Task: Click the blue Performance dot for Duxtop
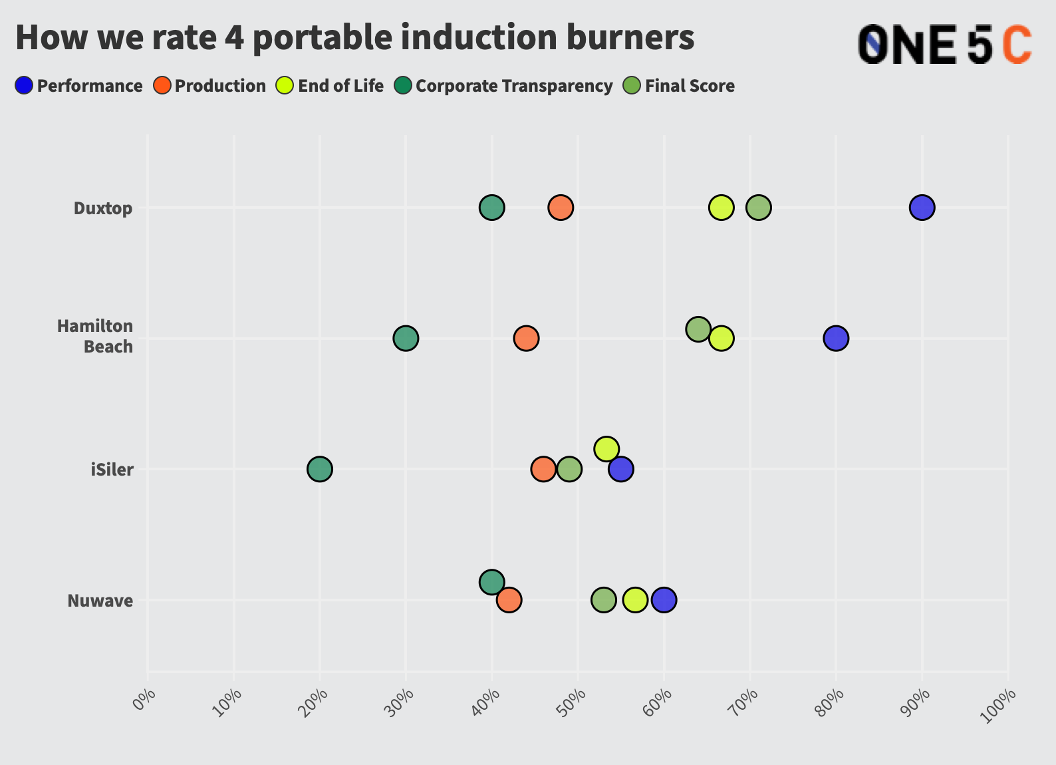922,208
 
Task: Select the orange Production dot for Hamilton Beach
526,338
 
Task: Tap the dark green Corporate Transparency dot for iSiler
320,469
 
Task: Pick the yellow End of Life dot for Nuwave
635,600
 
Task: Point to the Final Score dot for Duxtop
759,208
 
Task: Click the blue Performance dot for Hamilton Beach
836,338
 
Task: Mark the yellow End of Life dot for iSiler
606,449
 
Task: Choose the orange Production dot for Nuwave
509,600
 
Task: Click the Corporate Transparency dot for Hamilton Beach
406,338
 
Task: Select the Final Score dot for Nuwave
603,600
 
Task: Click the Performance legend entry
79,86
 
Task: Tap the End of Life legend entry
330,86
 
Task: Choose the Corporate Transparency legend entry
503,86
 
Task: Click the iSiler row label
112,470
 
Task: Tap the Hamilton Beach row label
95,336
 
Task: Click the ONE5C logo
944,45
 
